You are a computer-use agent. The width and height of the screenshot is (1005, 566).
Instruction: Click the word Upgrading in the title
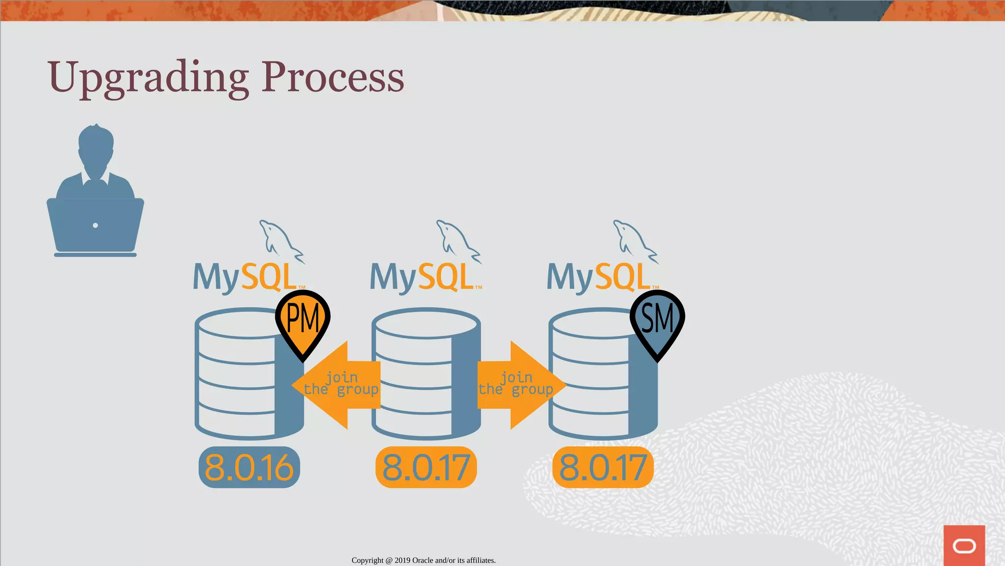(147, 78)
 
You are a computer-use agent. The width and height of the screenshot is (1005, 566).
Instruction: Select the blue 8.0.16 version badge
(249, 467)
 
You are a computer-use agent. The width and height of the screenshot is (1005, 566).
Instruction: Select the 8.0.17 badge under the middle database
(426, 467)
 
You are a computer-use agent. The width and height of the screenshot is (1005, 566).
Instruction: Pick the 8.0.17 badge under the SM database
(603, 467)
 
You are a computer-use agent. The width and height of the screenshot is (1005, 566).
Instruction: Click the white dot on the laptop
(95, 226)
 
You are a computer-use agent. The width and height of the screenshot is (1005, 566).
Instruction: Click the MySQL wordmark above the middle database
(422, 278)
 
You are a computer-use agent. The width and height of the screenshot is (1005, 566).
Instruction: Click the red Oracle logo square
(964, 545)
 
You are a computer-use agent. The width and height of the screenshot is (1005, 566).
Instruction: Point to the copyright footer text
(423, 560)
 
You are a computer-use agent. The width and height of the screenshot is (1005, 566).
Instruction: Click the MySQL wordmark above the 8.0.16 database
(245, 278)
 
